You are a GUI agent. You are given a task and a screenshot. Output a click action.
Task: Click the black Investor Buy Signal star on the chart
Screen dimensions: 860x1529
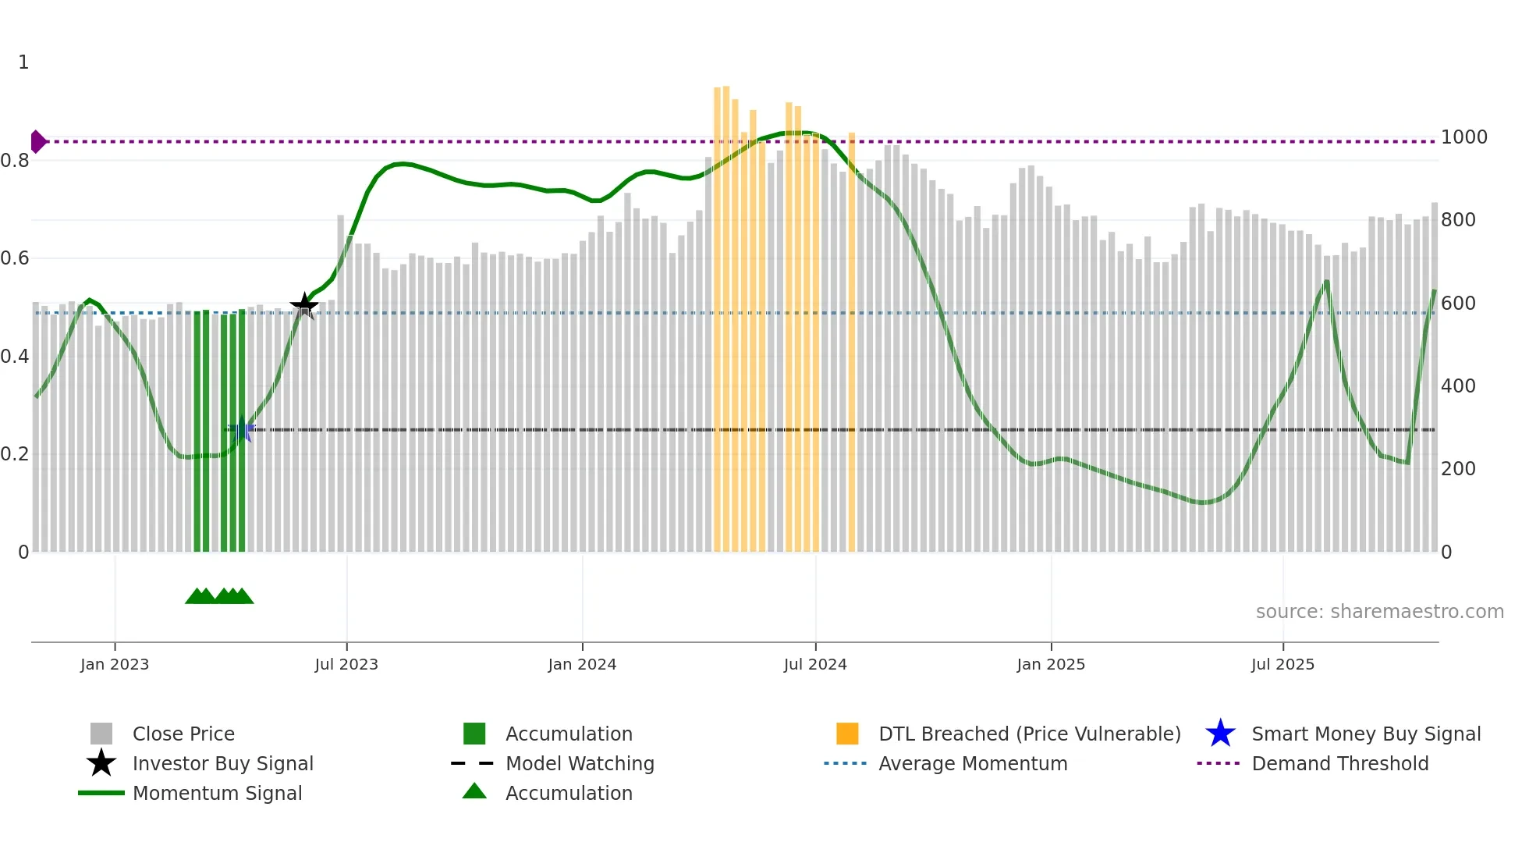tap(304, 305)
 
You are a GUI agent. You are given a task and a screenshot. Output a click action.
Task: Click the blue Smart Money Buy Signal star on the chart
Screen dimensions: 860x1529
tap(242, 429)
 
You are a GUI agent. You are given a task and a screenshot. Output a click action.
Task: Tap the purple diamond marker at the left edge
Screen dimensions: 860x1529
tap(37, 141)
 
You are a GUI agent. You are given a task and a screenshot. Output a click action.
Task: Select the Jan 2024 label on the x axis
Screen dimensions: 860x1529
tap(582, 664)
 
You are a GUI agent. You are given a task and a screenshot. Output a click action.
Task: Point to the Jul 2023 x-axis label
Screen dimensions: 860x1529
tap(346, 664)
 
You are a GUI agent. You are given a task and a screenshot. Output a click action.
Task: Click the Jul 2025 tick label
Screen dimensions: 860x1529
tap(1282, 664)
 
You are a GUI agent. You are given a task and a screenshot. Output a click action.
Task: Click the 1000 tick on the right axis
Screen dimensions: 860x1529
tap(1463, 137)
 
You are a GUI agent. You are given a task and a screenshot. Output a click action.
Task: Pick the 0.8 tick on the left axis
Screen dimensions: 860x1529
tap(16, 161)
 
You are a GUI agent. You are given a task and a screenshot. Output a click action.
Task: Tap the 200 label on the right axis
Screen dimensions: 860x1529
tap(1458, 468)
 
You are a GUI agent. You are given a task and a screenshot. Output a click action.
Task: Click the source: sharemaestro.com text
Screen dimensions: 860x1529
tap(1379, 611)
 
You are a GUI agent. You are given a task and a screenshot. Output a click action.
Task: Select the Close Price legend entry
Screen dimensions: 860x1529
tap(183, 734)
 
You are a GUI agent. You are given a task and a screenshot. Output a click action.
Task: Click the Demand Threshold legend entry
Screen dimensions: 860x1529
tap(1339, 763)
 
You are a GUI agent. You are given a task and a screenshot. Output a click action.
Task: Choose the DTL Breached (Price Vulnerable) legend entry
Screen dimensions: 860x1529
tap(1029, 734)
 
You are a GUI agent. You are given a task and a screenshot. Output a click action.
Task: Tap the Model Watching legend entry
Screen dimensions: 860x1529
tap(579, 763)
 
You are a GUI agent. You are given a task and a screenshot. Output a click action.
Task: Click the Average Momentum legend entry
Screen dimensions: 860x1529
tap(972, 763)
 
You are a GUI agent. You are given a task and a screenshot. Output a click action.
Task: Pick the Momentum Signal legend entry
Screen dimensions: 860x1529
tap(217, 793)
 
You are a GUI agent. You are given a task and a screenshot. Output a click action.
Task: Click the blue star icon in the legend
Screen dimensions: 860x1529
tap(1220, 734)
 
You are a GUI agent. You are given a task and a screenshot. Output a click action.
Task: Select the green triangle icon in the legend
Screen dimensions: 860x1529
tap(474, 791)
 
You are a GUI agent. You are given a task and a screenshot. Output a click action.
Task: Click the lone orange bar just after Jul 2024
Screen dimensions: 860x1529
tap(852, 343)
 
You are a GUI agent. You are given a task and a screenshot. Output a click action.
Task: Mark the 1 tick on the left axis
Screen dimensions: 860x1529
tap(23, 62)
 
